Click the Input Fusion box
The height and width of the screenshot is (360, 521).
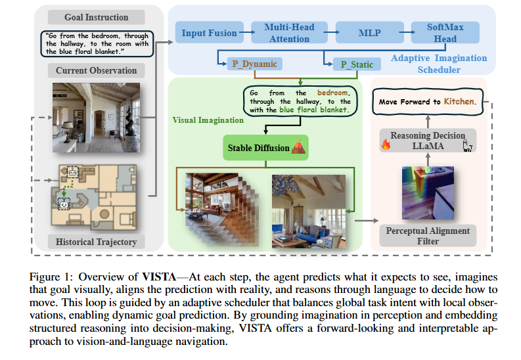[x=210, y=33]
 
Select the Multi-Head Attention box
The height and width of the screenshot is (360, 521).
[x=289, y=33]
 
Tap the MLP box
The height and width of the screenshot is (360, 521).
[x=369, y=33]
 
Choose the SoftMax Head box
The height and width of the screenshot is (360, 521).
[x=445, y=33]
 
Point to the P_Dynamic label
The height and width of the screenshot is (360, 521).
[x=254, y=64]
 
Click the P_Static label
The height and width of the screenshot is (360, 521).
[x=357, y=64]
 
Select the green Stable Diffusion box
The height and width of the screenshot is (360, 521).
[x=265, y=148]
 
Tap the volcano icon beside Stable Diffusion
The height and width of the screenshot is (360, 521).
[x=298, y=146]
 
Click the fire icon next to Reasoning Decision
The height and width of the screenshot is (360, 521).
[x=386, y=144]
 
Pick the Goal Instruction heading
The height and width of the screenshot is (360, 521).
[x=97, y=17]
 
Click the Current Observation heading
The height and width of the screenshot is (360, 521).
[x=97, y=70]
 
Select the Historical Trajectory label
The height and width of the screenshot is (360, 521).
[x=97, y=242]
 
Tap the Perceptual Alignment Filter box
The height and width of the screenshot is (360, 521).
[x=428, y=236]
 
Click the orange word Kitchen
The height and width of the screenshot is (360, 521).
[x=459, y=101]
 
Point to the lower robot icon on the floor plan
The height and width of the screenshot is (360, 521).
[x=64, y=204]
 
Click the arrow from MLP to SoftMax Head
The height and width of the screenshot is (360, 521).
[x=407, y=32]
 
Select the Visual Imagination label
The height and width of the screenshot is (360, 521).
[x=208, y=120]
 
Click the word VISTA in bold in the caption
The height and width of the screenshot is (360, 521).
[x=159, y=277]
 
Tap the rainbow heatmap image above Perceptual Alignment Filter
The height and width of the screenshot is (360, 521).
[x=428, y=193]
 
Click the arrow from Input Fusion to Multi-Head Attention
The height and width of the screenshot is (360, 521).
[x=247, y=32]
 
